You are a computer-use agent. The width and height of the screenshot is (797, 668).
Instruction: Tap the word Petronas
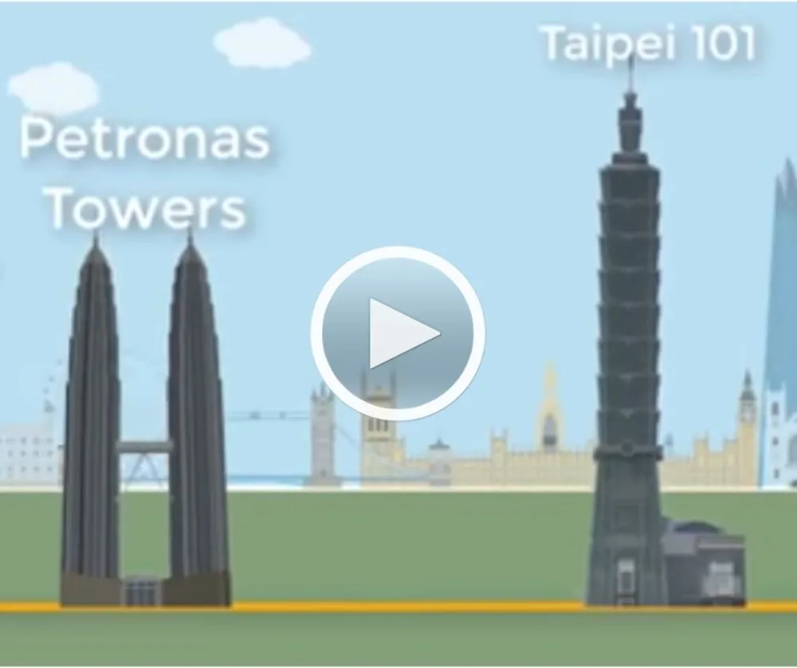145,138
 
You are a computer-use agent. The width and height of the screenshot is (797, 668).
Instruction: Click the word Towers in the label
147,207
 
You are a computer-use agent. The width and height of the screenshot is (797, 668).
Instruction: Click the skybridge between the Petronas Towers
145,447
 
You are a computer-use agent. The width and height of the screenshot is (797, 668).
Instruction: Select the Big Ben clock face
747,412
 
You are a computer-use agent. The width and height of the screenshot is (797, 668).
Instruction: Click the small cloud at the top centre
261,43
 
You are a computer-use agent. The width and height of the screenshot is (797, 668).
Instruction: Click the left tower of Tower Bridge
323,432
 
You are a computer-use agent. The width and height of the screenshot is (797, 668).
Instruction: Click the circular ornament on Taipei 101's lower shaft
628,448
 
